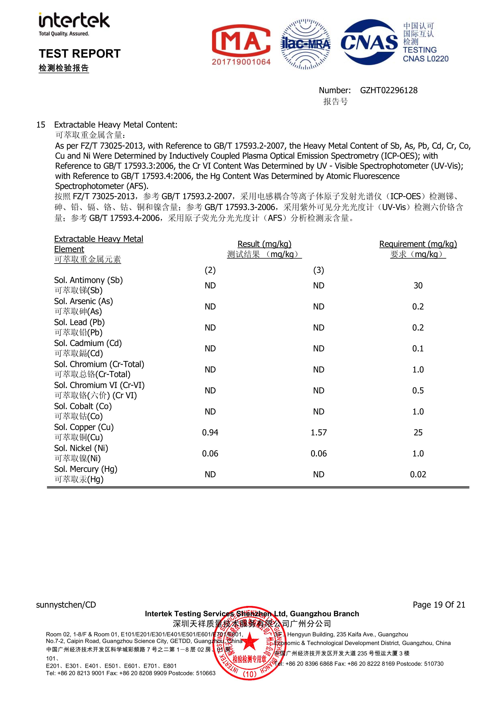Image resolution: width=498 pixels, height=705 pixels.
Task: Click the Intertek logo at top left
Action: pos(74,24)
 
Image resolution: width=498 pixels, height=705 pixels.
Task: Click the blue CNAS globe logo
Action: pos(369,42)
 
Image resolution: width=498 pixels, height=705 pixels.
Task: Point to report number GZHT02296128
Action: pos(389,90)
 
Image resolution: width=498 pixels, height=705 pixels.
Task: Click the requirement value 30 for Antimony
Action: pos(418,286)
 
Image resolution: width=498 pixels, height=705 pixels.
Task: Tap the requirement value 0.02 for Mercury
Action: pos(418,474)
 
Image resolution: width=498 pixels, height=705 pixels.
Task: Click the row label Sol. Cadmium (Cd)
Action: pos(88,343)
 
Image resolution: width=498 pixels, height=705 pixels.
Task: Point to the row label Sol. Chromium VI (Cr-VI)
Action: pos(99,385)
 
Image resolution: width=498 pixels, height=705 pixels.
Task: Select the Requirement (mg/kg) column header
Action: pos(418,244)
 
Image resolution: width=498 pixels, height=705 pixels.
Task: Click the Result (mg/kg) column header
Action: pos(264,244)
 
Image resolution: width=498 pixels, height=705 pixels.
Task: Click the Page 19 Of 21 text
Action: pos(439,605)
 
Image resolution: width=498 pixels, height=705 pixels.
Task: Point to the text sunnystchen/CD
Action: pos(66,605)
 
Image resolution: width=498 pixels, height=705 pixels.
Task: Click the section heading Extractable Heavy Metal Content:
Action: pos(116,125)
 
